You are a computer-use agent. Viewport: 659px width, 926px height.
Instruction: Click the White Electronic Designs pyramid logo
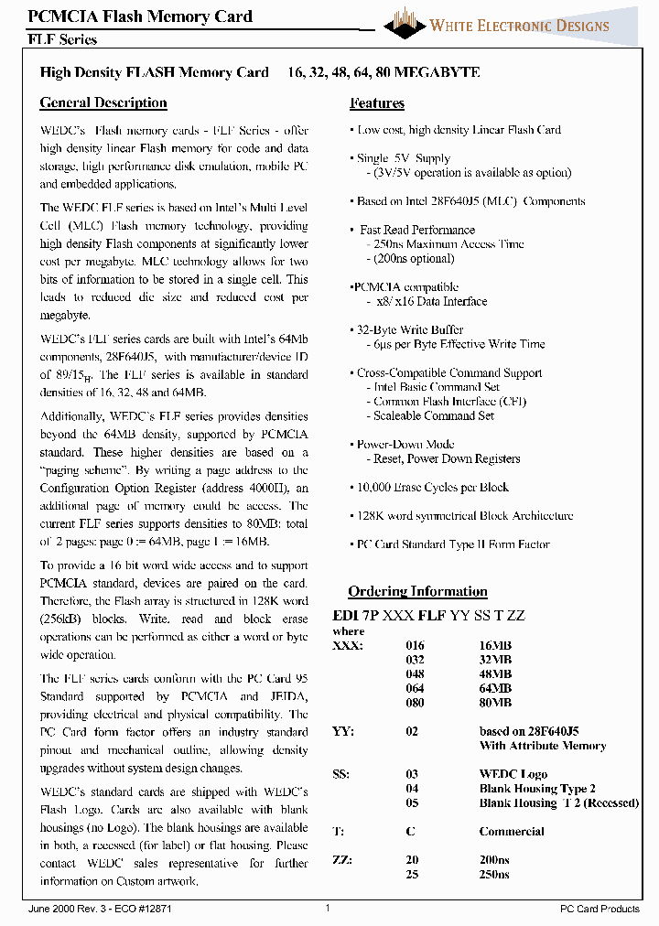pos(404,23)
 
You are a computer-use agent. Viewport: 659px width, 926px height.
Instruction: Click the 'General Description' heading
pos(103,102)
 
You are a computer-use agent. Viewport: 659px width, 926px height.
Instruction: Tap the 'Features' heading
pos(377,103)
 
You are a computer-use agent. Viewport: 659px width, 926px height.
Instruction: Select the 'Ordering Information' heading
pos(417,591)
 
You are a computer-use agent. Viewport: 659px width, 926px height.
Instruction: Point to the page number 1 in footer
pos(328,908)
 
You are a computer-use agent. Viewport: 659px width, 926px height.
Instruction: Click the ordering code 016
pos(415,645)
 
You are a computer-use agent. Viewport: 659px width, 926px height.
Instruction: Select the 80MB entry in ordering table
pos(495,703)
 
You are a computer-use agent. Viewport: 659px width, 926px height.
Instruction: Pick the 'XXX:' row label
pos(347,645)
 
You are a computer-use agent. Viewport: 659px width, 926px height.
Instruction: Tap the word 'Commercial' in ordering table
pos(512,832)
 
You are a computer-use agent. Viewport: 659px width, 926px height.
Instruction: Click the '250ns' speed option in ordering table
pos(495,874)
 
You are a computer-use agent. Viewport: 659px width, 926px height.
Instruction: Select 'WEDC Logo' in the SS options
pos(513,774)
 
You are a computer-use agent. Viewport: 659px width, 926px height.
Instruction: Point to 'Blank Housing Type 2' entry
pos(537,789)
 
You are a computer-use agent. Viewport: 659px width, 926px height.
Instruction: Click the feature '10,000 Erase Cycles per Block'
pos(432,488)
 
